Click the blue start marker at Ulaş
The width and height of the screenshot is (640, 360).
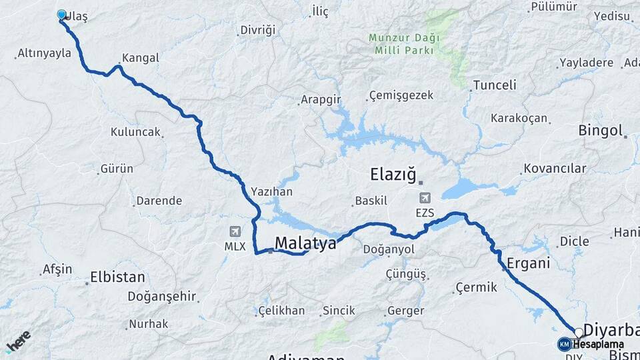pos(62,15)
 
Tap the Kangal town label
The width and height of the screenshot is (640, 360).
pos(140,58)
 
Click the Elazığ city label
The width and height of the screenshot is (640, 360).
pos(393,175)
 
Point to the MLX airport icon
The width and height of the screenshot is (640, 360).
pos(235,231)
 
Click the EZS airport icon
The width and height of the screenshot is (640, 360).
pos(425,198)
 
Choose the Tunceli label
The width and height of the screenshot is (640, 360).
pos(494,85)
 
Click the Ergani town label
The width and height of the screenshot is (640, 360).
pos(528,263)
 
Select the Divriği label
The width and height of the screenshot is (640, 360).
pos(257,31)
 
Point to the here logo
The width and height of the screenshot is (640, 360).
pos(18,341)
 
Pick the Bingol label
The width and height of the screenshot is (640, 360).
pos(600,130)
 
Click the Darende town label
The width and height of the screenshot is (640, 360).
pos(159,201)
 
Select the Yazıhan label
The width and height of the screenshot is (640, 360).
pos(271,191)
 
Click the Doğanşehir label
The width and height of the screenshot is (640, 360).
pos(162,296)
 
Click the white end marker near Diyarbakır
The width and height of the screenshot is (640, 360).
pos(579,332)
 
